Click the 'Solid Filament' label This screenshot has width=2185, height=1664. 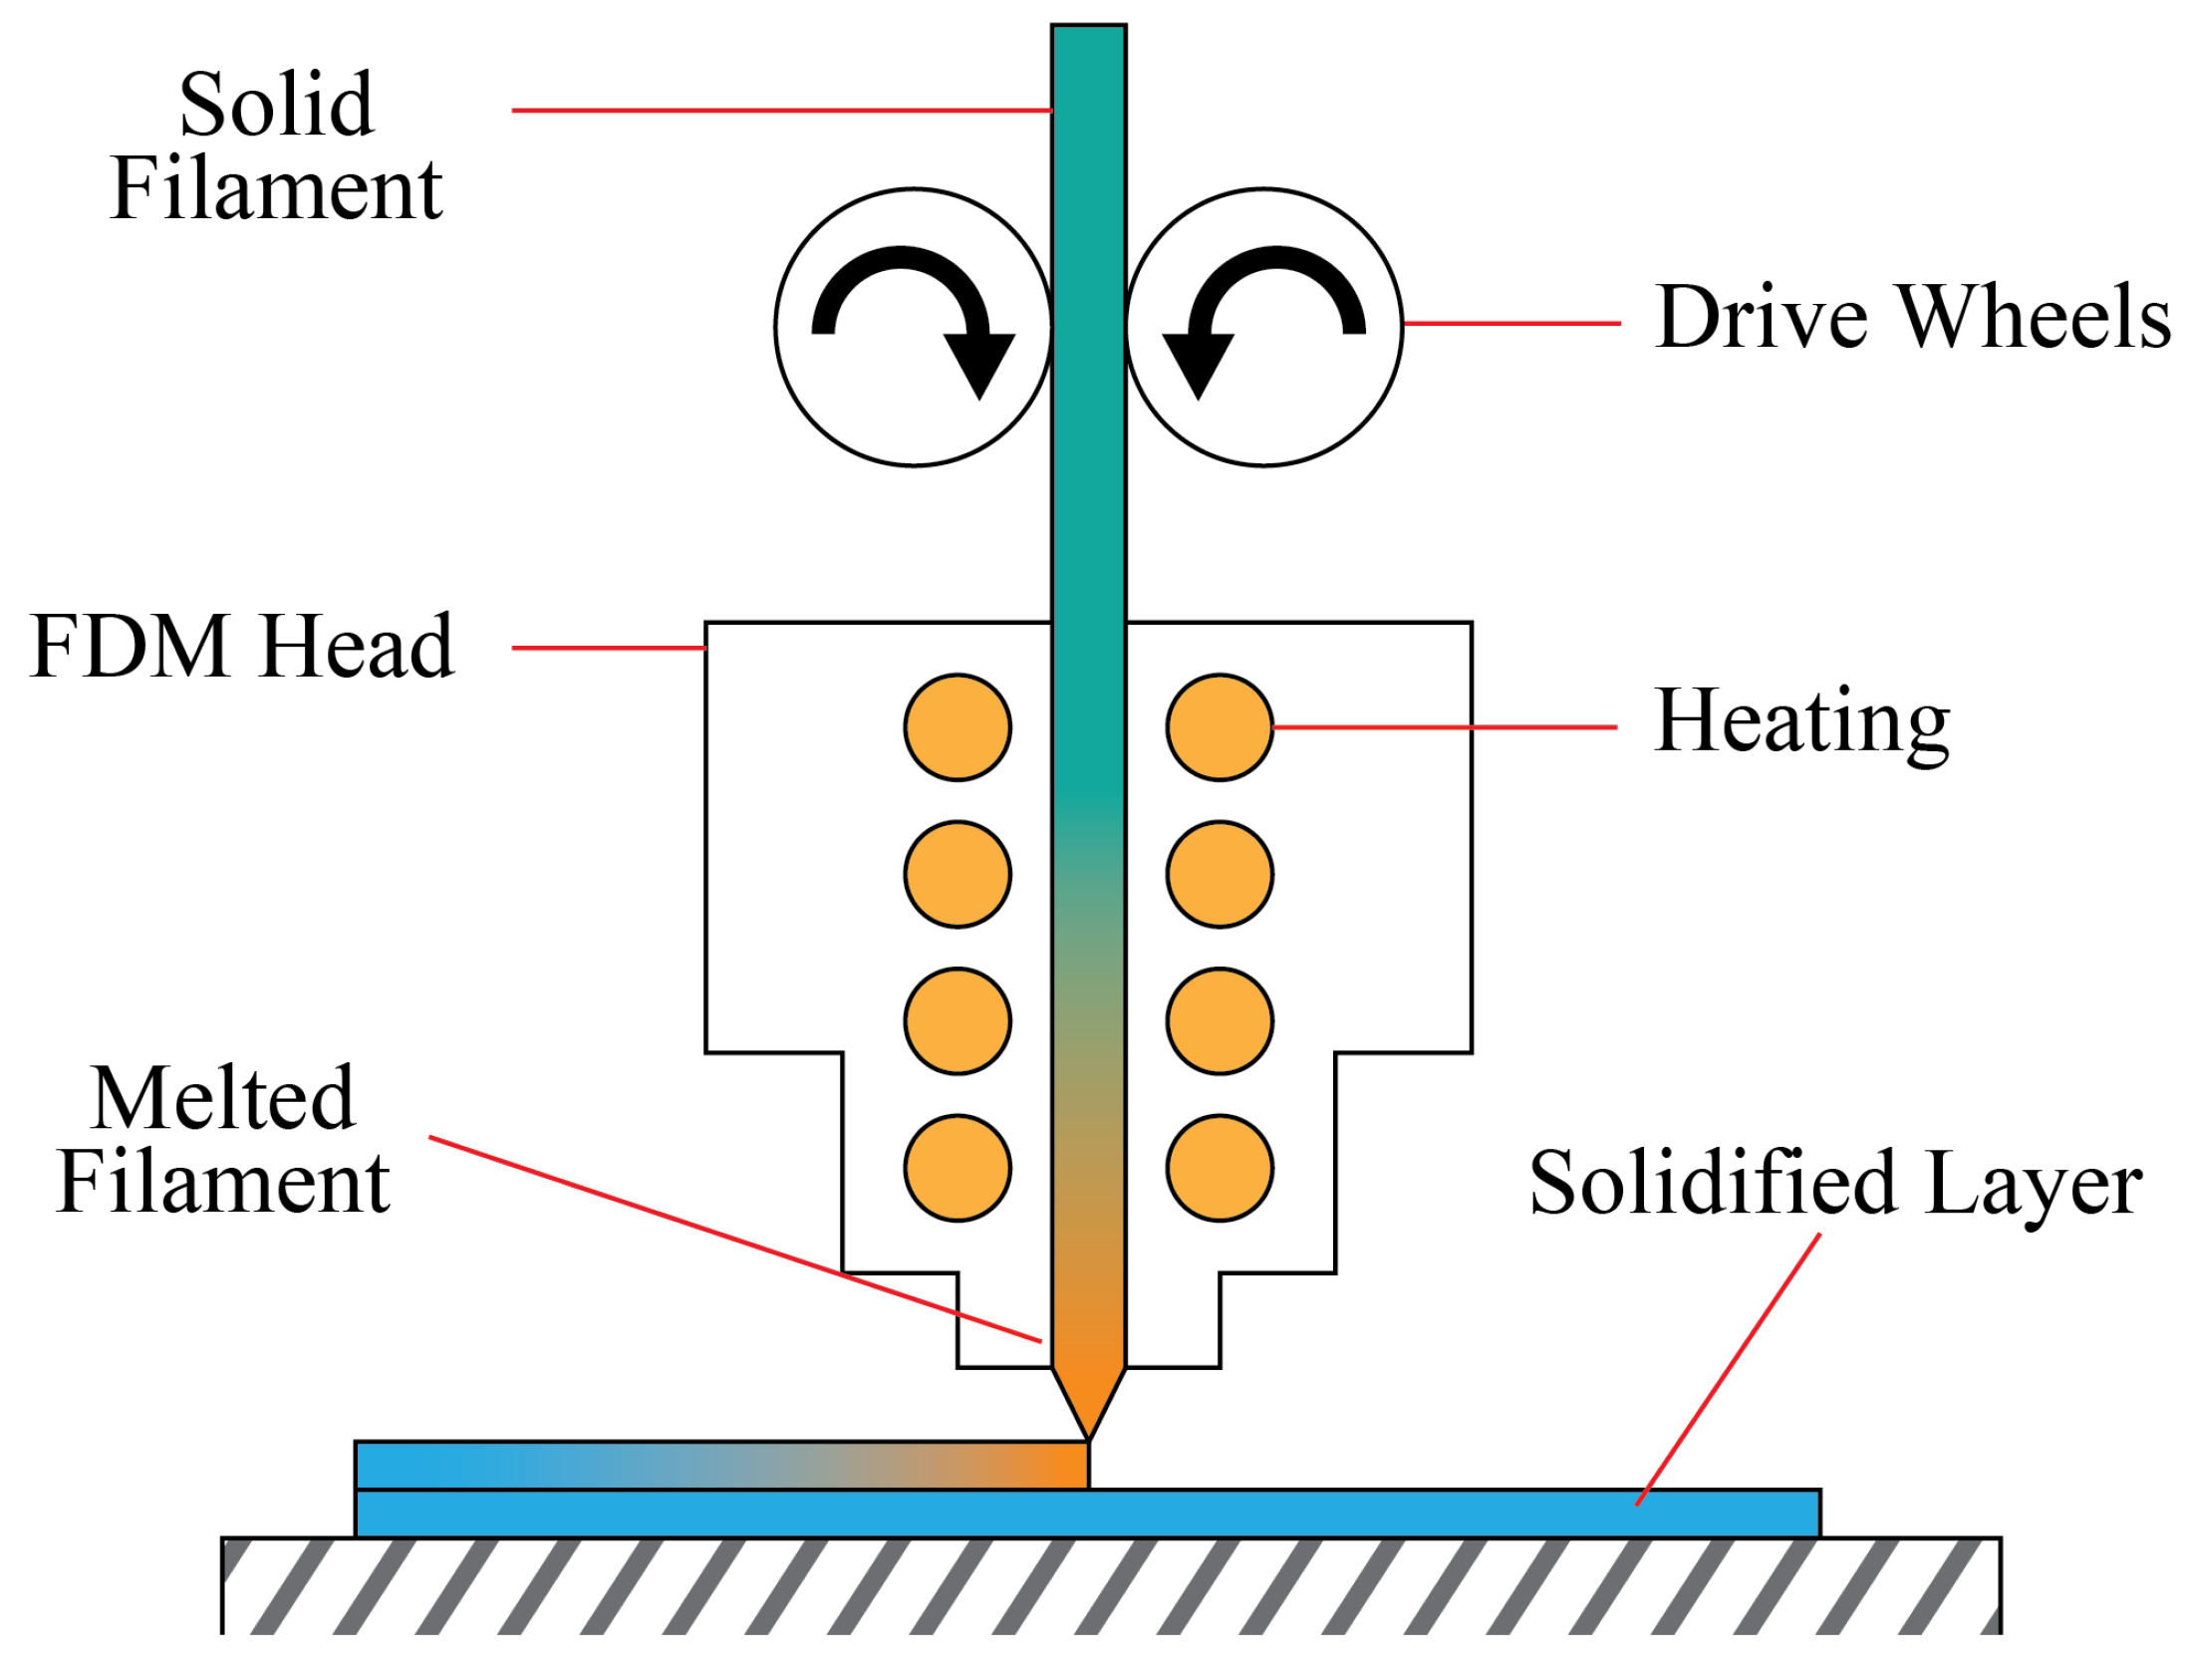click(276, 146)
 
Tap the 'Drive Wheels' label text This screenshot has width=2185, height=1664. click(1912, 318)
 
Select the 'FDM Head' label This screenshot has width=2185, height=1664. click(242, 648)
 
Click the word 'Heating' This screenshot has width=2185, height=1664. click(1801, 722)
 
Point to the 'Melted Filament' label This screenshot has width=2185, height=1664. click(223, 1140)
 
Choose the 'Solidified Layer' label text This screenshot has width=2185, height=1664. click(1835, 1183)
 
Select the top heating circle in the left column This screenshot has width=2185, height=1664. click(957, 727)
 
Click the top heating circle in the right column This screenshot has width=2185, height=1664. click(1219, 727)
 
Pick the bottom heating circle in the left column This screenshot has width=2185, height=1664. click(957, 1168)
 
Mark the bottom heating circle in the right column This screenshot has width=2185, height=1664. click(1219, 1168)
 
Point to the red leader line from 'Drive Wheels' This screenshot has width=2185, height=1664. click(1511, 324)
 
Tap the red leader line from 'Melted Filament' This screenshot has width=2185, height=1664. click(737, 1239)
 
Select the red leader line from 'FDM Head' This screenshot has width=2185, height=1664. click(608, 648)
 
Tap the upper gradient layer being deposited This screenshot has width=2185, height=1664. click(721, 1466)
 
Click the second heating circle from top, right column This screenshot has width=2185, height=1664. click(1219, 874)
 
